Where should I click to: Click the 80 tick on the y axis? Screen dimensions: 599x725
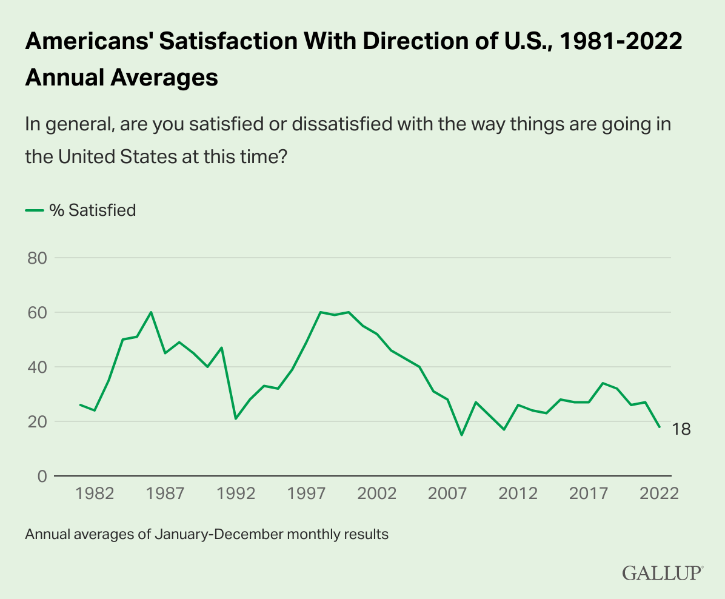point(38,258)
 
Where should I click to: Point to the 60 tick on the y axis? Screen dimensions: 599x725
point(38,313)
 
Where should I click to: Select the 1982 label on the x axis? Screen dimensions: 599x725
point(96,494)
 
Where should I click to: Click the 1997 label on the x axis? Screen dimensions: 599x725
point(307,494)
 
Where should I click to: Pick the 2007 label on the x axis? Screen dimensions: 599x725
point(448,494)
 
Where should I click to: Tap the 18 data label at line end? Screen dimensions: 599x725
point(681,429)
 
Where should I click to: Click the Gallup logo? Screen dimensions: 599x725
point(663,573)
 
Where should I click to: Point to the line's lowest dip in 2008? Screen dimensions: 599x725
point(462,435)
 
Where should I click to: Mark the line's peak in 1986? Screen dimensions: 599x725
point(151,312)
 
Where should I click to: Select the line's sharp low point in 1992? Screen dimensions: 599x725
point(236,418)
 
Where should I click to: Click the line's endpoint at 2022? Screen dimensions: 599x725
point(660,427)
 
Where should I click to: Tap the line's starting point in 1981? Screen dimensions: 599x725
point(81,405)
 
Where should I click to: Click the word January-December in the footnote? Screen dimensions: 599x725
point(207,535)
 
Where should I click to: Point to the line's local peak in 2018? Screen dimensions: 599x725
point(603,383)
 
